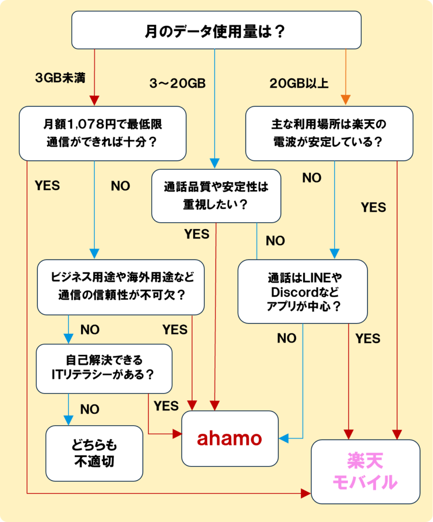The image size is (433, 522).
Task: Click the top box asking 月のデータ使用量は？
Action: click(x=216, y=31)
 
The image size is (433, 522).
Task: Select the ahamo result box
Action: click(x=230, y=438)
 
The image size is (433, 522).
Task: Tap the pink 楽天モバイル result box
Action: click(x=365, y=472)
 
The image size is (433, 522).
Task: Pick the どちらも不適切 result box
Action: click(x=94, y=453)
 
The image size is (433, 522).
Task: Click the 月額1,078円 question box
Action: click(x=102, y=133)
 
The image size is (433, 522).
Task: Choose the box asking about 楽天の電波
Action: click(x=329, y=133)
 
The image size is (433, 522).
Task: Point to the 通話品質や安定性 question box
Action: click(x=216, y=196)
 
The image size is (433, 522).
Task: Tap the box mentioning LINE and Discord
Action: click(x=303, y=292)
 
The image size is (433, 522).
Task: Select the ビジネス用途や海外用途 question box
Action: click(x=121, y=286)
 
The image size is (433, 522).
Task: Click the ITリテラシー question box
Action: click(x=103, y=368)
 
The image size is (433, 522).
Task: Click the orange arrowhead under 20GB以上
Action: click(x=345, y=99)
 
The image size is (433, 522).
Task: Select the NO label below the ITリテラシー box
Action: click(x=90, y=409)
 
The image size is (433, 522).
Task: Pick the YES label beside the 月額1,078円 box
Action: click(x=47, y=186)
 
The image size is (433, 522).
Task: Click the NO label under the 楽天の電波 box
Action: click(x=312, y=178)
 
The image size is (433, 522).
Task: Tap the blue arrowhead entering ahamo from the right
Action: click(x=284, y=438)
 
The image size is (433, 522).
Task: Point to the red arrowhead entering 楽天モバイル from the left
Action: click(x=306, y=493)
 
